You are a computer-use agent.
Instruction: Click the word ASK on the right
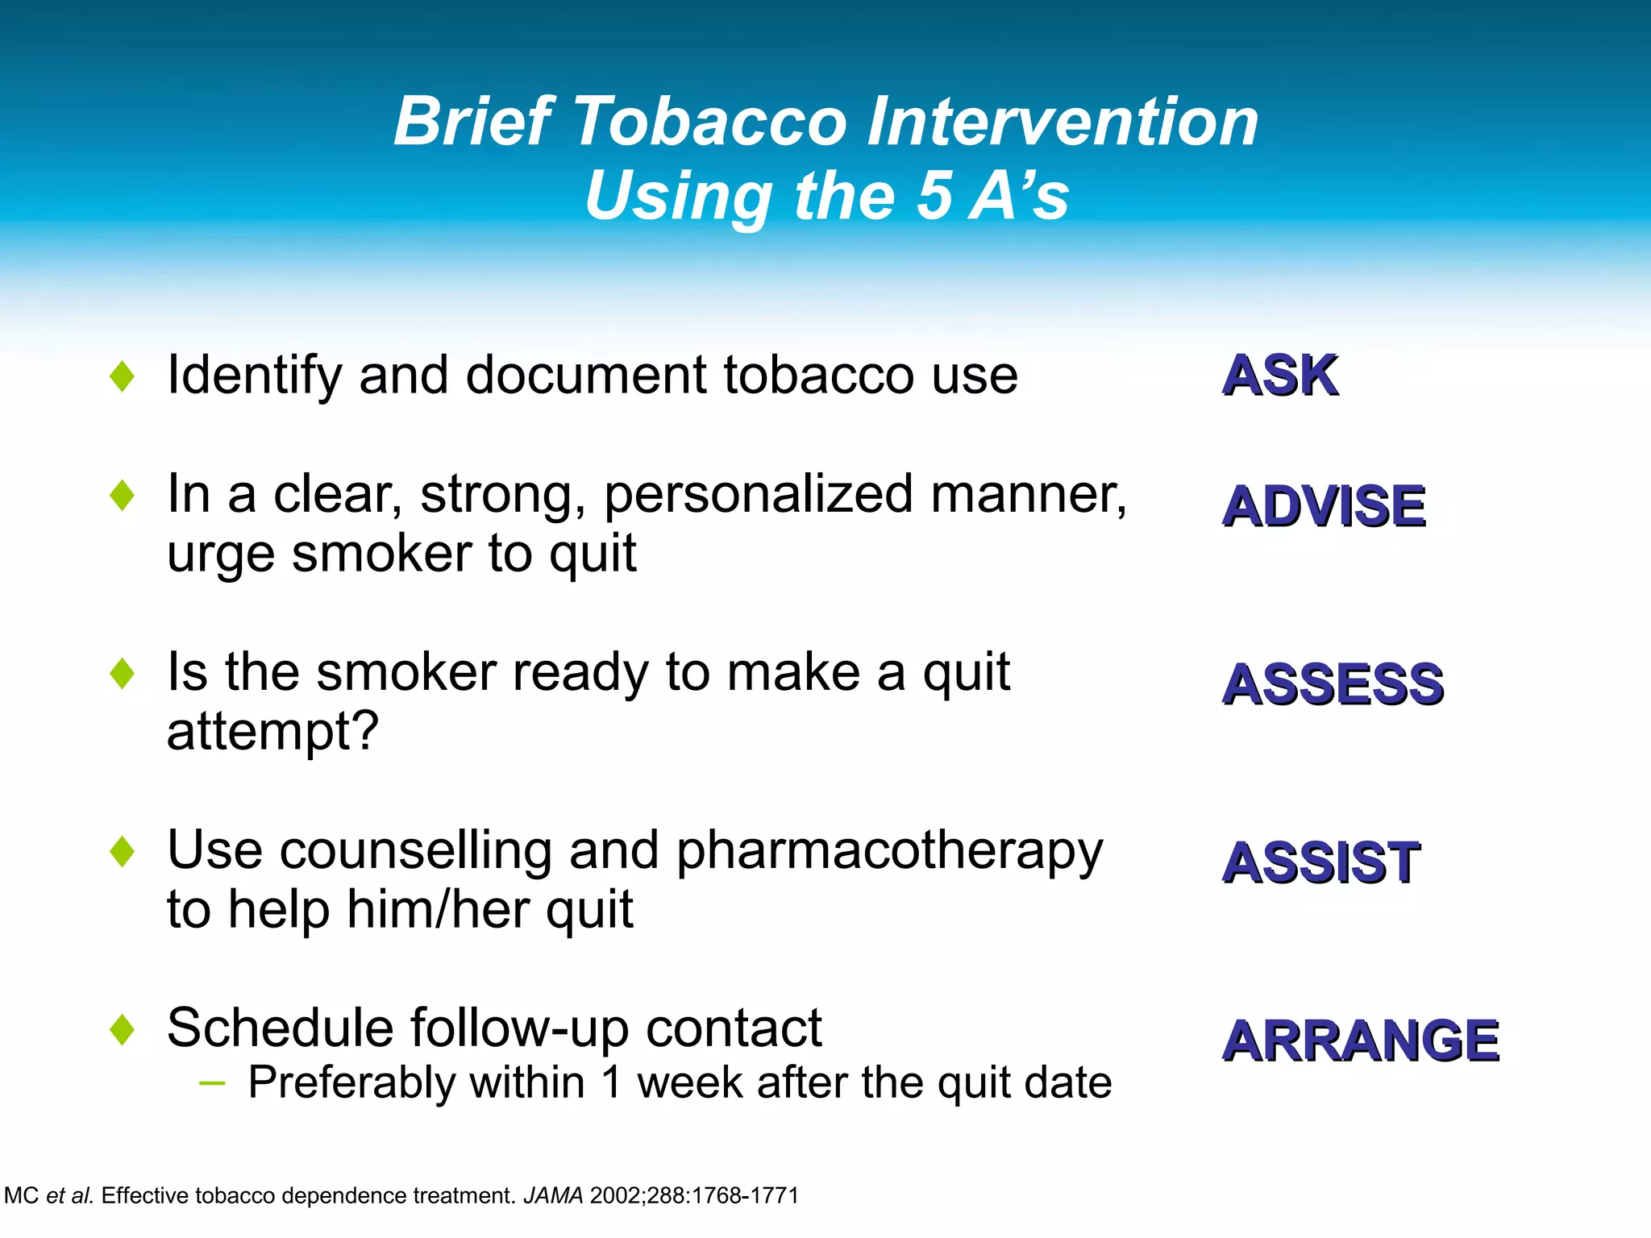click(1279, 376)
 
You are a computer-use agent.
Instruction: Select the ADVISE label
click(1324, 506)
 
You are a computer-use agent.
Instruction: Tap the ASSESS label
click(1333, 684)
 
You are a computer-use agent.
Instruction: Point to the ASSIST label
click(1320, 863)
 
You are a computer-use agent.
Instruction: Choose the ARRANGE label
click(1360, 1041)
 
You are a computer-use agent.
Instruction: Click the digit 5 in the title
click(935, 196)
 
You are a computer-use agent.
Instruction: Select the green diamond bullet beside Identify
click(122, 376)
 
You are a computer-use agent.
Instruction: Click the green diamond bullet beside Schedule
click(122, 1029)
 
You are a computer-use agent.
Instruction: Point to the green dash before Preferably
click(211, 1083)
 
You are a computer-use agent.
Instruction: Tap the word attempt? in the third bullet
click(272, 733)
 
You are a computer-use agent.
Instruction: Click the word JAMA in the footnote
click(553, 1195)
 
